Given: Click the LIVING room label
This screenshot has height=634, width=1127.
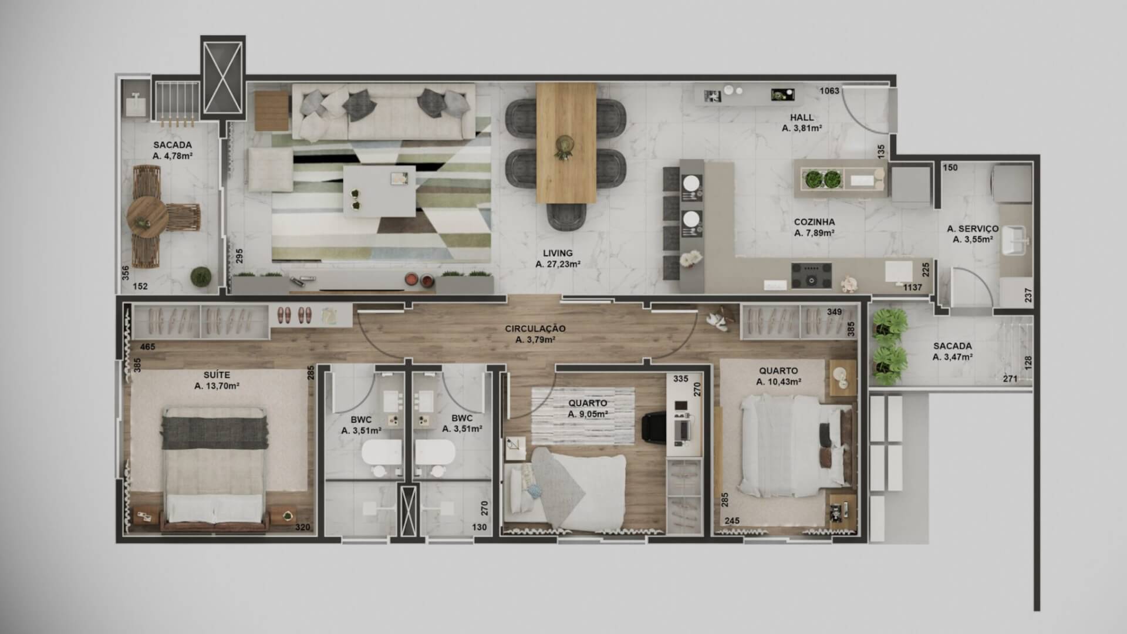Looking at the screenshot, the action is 558,254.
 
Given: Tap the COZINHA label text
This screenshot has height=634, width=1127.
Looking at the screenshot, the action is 814,222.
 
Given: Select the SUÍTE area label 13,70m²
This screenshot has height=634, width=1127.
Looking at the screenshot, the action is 217,386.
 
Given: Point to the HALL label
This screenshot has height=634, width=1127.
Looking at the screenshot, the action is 801,117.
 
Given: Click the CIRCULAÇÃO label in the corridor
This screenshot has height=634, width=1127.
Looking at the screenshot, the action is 535,329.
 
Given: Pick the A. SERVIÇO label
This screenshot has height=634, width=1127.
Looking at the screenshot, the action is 973,228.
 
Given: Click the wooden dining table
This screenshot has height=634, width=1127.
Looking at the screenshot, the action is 566,143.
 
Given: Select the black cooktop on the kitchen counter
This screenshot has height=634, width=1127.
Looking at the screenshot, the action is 811,276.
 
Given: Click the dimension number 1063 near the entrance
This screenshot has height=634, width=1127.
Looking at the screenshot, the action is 829,90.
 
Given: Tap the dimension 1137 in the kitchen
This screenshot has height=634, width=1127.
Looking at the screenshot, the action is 912,288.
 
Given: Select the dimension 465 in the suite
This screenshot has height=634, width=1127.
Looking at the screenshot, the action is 147,347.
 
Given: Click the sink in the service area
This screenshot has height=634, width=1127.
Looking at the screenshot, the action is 1015,241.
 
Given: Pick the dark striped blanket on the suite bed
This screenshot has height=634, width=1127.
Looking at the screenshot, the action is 214,433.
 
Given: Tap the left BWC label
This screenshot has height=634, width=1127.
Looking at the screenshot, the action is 361,419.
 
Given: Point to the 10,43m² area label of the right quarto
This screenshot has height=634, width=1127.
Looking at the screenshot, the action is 779,382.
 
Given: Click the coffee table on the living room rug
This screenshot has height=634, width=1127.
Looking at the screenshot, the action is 379,191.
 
